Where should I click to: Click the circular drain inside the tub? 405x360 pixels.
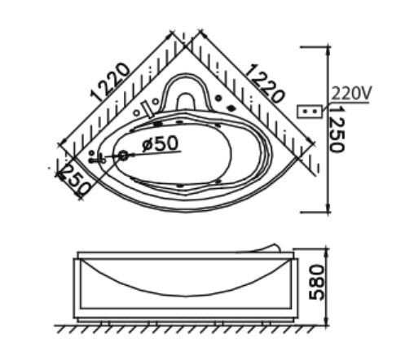[123, 155]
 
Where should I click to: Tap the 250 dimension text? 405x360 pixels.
[73, 182]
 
